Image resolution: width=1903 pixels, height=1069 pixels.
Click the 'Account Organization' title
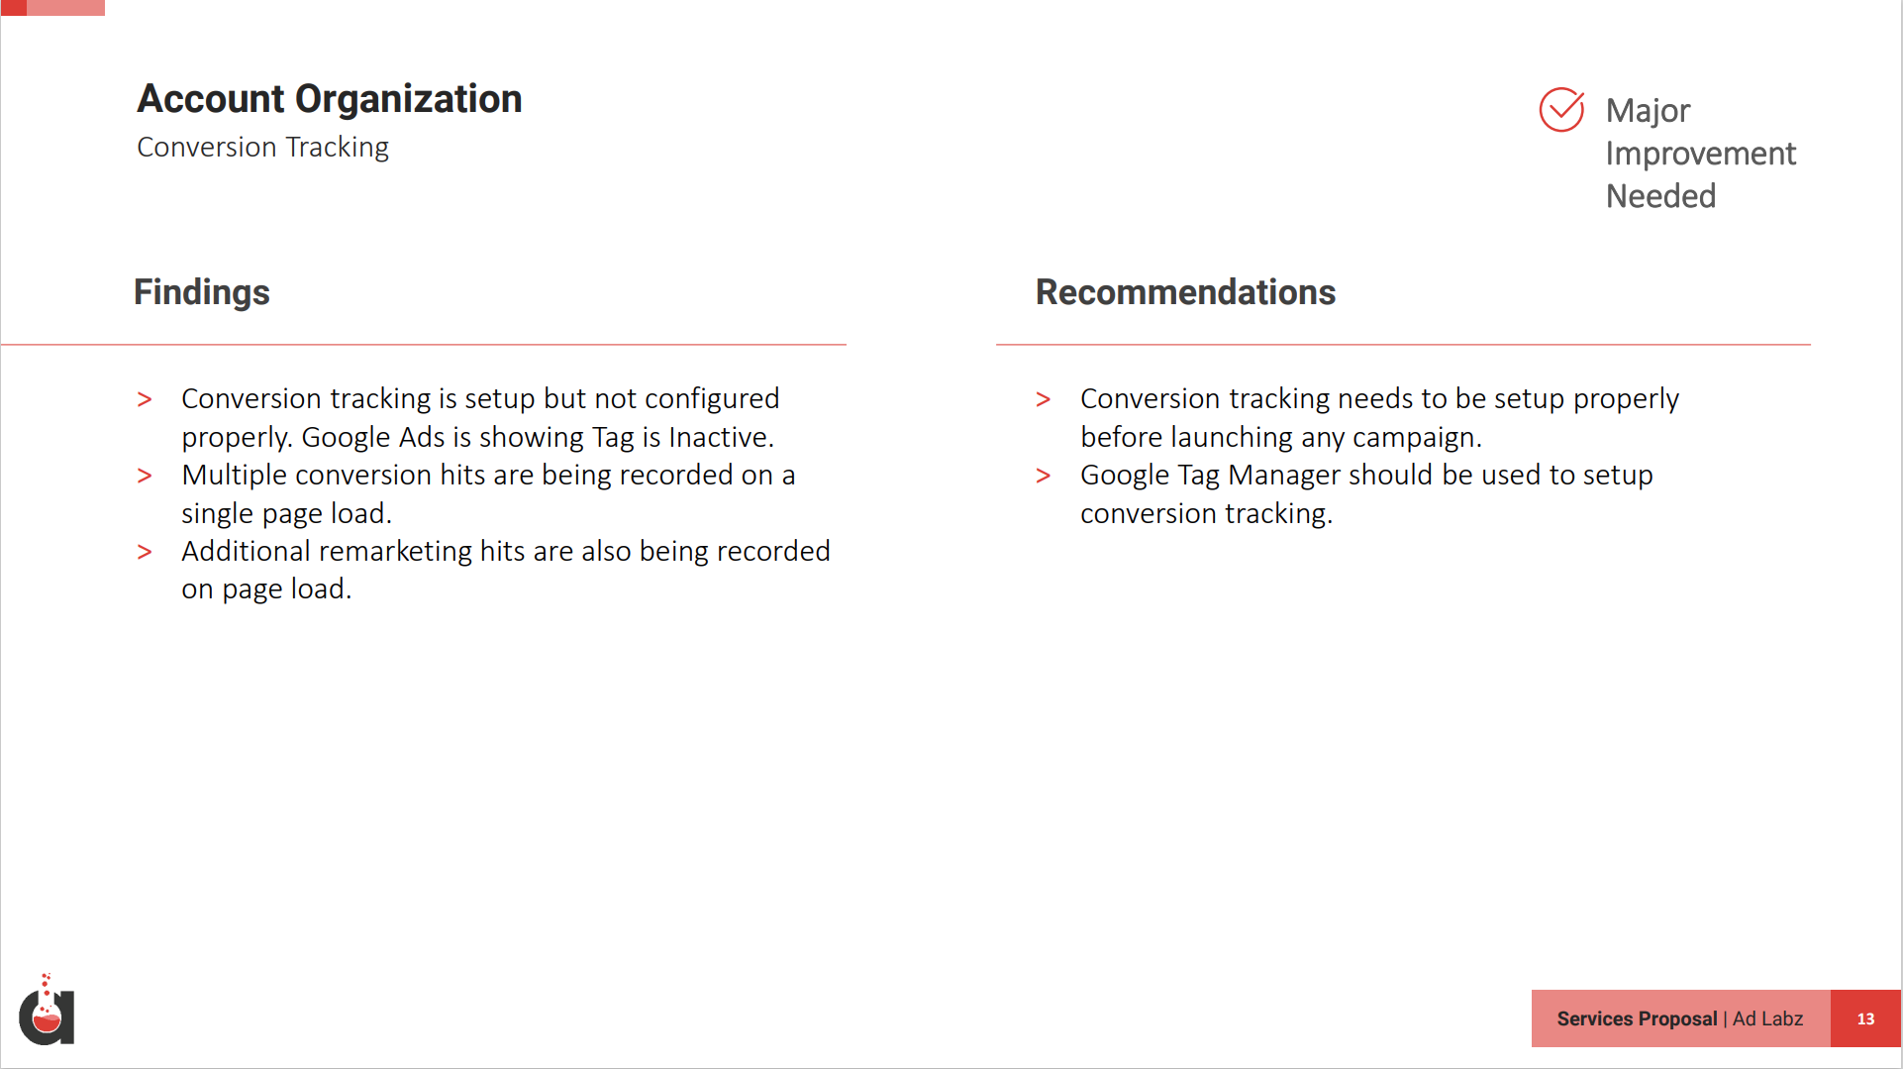pyautogui.click(x=330, y=99)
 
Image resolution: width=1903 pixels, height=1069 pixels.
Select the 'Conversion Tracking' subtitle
pyautogui.click(x=263, y=147)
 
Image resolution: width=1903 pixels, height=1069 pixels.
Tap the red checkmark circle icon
pyautogui.click(x=1561, y=109)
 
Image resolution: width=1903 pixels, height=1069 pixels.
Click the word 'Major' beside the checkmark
pyautogui.click(x=1648, y=111)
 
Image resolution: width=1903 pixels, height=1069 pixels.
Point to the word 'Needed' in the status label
pyautogui.click(x=1660, y=196)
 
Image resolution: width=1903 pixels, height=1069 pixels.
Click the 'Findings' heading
pyautogui.click(x=202, y=292)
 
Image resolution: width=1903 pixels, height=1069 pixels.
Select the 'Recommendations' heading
pyautogui.click(x=1185, y=292)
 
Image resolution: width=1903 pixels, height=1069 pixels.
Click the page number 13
pyautogui.click(x=1865, y=1018)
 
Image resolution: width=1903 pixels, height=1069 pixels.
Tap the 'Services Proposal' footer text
pyautogui.click(x=1637, y=1018)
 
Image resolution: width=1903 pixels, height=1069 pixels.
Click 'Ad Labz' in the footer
pyautogui.click(x=1768, y=1018)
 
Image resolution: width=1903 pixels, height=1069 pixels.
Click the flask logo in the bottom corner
pyautogui.click(x=47, y=1011)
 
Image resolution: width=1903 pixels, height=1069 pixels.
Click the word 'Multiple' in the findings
pyautogui.click(x=235, y=476)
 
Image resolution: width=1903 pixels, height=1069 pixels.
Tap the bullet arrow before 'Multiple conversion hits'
pyautogui.click(x=145, y=476)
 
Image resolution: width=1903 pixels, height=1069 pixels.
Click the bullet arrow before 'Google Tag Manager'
pyautogui.click(x=1044, y=476)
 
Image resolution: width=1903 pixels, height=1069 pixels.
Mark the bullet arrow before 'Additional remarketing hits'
pyautogui.click(x=145, y=552)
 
